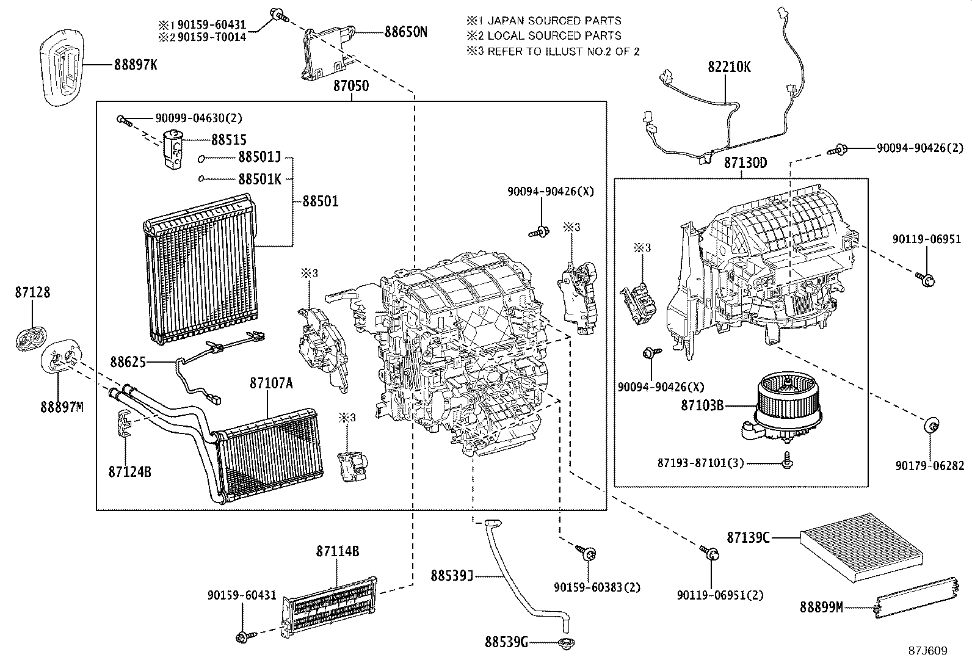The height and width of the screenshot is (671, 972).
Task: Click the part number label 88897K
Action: coord(135,64)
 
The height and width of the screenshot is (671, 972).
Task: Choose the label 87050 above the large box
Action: coord(350,86)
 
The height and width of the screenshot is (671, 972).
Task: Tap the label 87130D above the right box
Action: coord(745,164)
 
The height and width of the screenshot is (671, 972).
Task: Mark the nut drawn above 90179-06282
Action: coord(932,426)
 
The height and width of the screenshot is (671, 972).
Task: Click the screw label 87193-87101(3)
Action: coord(701,463)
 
